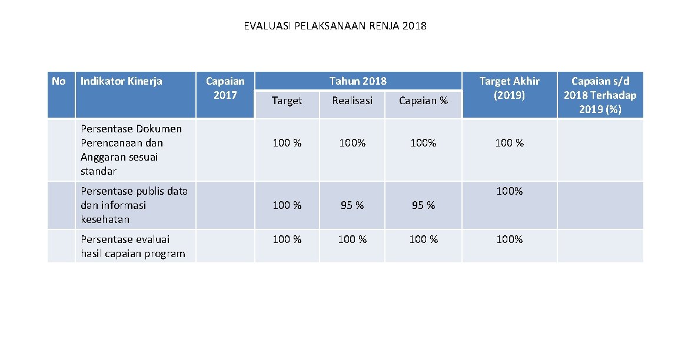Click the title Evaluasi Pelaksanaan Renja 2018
point(335,26)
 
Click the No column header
point(59,81)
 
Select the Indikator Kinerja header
point(121,81)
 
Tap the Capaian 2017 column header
point(225,88)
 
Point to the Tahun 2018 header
point(358,81)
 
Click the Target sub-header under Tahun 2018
point(287,101)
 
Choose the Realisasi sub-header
point(352,101)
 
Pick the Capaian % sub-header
point(423,101)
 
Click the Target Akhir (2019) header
point(509,88)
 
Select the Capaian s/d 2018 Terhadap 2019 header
point(600,95)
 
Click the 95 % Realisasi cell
point(352,205)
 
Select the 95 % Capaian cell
point(423,205)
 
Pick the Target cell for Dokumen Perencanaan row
point(287,143)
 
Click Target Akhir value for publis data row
point(509,191)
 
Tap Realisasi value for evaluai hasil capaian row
point(352,239)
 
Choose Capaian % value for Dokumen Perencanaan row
point(423,143)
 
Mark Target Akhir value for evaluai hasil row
point(509,239)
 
